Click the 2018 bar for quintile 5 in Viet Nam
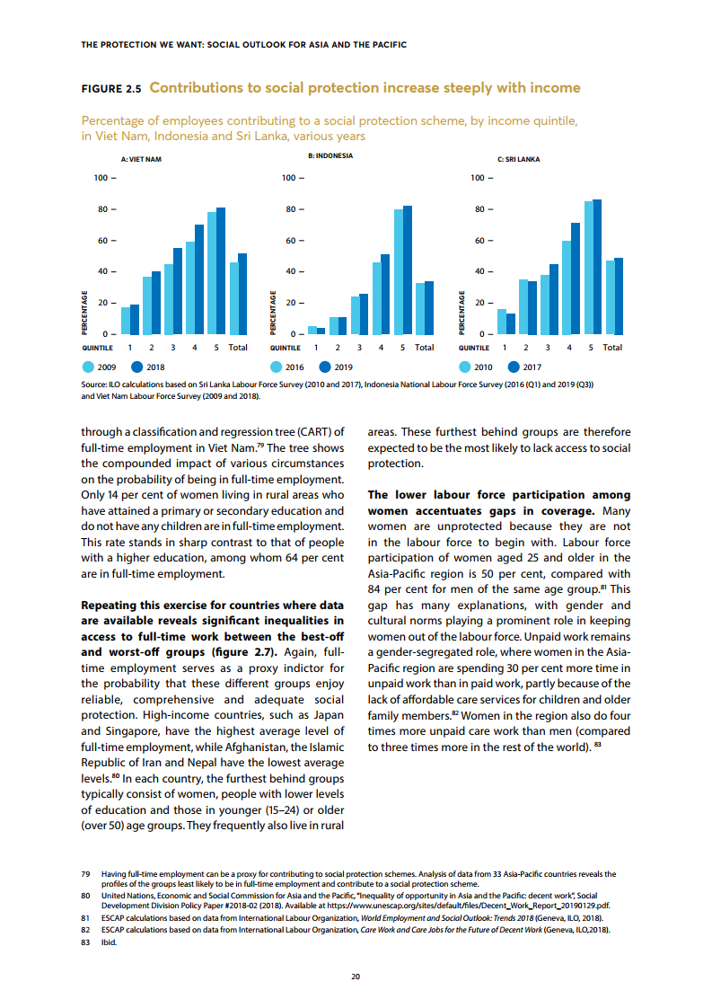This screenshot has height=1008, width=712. tap(221, 271)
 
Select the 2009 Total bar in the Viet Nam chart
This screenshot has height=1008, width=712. tap(233, 298)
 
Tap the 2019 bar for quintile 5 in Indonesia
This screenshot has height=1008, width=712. tap(408, 270)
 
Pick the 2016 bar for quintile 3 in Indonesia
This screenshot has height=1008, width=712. tap(356, 315)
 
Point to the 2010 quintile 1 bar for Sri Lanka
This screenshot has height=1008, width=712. tap(502, 322)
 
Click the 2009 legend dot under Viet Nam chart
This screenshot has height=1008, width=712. tap(88, 367)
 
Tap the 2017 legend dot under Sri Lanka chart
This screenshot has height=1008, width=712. tap(514, 367)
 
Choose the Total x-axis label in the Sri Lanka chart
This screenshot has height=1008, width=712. tap(612, 347)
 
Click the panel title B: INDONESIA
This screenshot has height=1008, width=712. tap(330, 155)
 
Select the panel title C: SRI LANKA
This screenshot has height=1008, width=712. tap(518, 159)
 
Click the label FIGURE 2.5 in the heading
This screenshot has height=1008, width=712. tap(111, 89)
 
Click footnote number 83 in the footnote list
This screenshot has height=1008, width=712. tap(85, 943)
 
